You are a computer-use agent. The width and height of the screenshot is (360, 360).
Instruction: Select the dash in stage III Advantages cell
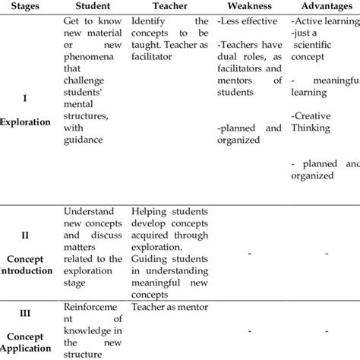point(325,330)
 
